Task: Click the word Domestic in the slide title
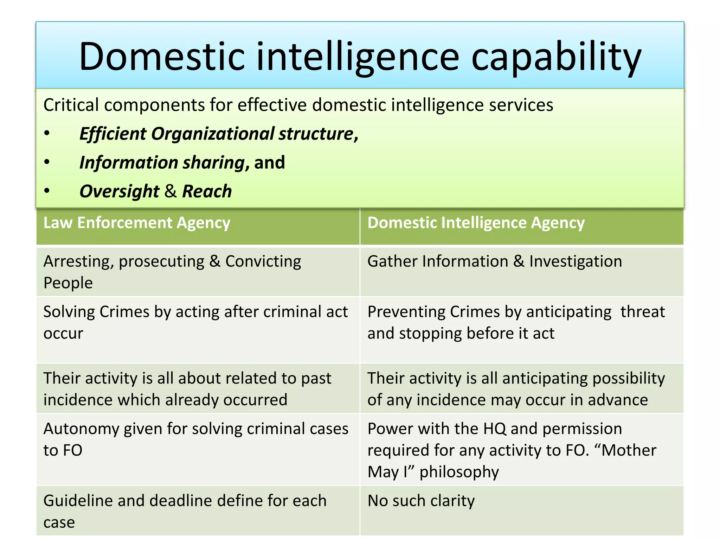162,57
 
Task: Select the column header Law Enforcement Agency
137,223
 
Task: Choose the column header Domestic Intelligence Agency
476,223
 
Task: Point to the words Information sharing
162,163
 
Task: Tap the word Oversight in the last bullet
120,192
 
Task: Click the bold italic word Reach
207,191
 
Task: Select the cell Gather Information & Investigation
495,262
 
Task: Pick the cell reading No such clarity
421,501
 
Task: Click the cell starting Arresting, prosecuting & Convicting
172,272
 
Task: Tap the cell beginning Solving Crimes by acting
196,322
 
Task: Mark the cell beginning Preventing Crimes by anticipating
516,322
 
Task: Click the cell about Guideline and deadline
185,512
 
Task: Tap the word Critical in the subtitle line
71,105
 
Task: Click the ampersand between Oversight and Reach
171,191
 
